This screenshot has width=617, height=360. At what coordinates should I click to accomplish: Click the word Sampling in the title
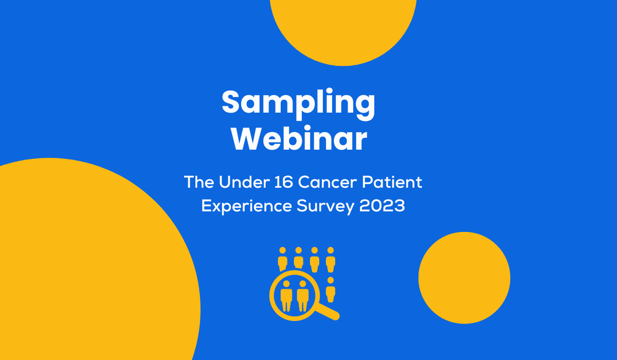(x=299, y=103)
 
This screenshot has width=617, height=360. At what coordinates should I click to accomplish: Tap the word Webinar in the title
(x=299, y=138)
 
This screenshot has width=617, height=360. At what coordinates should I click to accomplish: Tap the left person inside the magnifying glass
(x=286, y=295)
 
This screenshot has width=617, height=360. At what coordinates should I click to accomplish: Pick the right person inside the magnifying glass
(x=302, y=295)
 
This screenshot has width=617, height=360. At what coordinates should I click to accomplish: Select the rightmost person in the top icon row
(x=331, y=259)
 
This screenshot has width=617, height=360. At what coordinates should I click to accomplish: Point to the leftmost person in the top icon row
(x=282, y=259)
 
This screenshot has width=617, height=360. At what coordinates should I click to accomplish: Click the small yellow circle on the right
(x=464, y=278)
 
